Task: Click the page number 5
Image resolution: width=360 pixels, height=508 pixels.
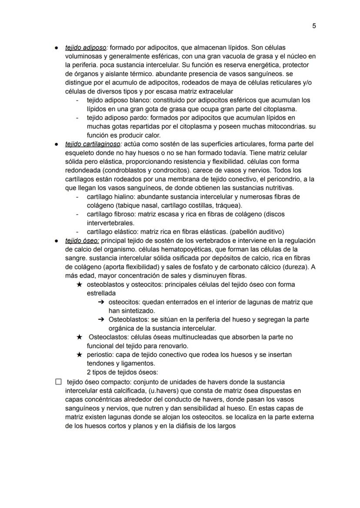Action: click(314, 26)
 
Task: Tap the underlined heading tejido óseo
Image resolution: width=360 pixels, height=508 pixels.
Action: click(82, 240)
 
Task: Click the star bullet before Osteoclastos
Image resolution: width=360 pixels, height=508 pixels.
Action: click(79, 337)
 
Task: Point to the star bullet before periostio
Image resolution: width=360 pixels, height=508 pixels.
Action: click(79, 355)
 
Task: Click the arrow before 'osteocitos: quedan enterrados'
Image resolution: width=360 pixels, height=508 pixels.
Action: click(101, 302)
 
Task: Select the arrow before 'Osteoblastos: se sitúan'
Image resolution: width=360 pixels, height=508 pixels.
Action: click(101, 319)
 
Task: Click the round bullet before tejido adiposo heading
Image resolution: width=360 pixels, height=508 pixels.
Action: click(57, 47)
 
